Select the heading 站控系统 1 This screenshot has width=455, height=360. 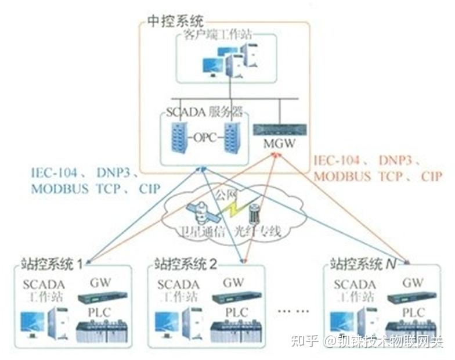click(52, 265)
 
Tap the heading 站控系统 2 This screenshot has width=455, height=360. click(186, 265)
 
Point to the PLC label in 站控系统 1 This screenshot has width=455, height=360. click(100, 312)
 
